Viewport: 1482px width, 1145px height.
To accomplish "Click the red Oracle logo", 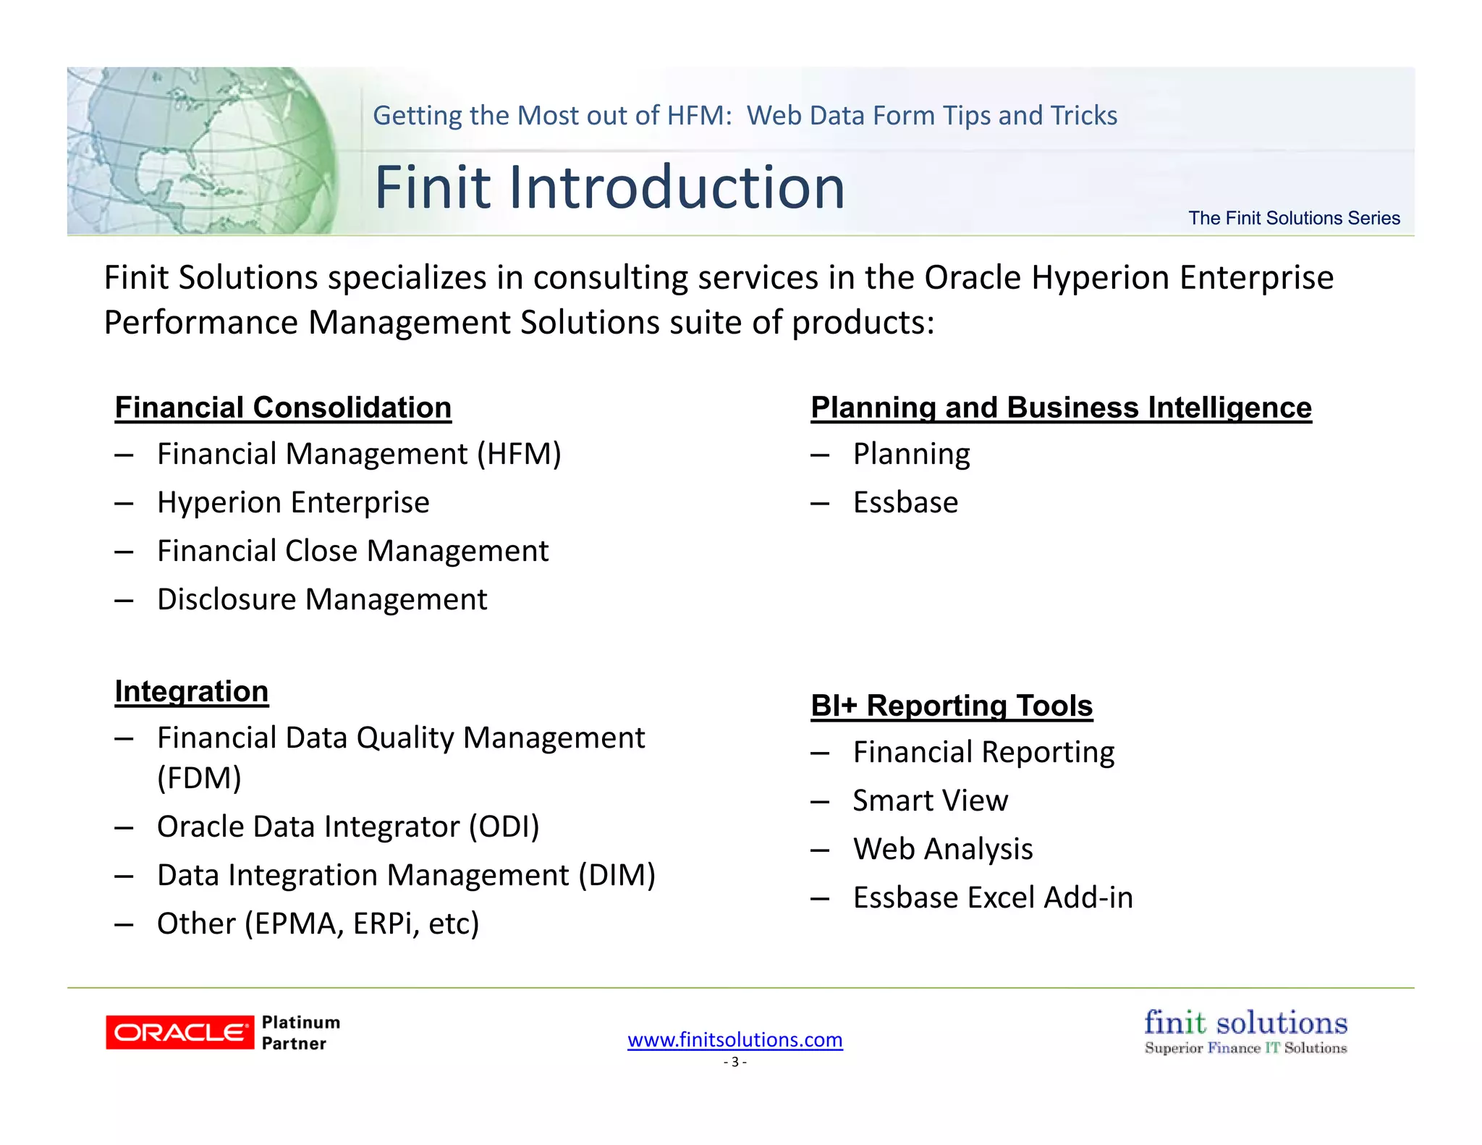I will click(179, 1032).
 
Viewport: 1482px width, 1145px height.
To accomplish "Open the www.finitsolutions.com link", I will click(734, 1040).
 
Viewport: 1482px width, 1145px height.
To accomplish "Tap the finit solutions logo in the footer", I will click(1245, 1031).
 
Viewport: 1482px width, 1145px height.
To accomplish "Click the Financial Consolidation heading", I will click(283, 407).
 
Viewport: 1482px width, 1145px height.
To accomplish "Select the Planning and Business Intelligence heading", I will click(1061, 407).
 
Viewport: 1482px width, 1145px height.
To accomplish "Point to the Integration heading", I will click(192, 691).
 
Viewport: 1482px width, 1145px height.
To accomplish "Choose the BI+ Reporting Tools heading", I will click(952, 706).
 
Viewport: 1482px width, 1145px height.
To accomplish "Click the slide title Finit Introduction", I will click(609, 187).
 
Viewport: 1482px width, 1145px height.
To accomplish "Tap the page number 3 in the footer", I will click(734, 1062).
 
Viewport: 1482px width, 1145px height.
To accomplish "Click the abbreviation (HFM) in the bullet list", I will click(519, 455).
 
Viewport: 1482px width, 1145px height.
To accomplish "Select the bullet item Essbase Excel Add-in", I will click(993, 897).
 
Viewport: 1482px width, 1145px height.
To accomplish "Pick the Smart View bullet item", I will click(930, 800).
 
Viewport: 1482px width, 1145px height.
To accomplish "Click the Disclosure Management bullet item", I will click(322, 599).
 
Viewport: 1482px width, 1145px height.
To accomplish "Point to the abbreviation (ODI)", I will click(504, 827).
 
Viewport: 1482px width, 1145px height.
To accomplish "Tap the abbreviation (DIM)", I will click(617, 875).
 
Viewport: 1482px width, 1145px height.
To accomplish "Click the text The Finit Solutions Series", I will click(1294, 218).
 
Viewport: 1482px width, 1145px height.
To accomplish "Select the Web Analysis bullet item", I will click(943, 849).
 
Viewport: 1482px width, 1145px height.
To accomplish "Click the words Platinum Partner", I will click(300, 1033).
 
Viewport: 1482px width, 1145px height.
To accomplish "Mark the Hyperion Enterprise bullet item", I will click(293, 502).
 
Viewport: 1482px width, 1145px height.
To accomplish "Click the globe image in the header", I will click(203, 151).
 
